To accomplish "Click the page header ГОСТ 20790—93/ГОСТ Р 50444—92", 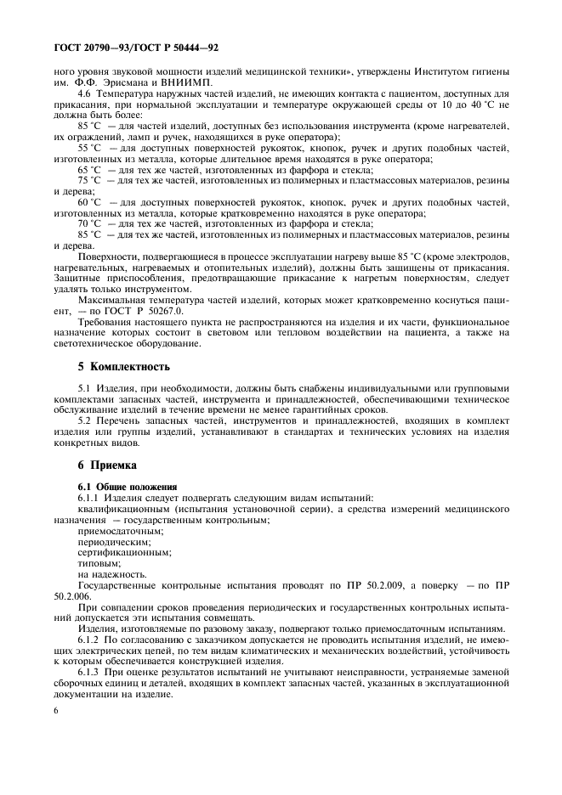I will pyautogui.click(x=135, y=49).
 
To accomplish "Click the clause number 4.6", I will pyautogui.click(x=87, y=93).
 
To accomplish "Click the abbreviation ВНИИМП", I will pyautogui.click(x=195, y=82).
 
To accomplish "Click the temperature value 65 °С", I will pyautogui.click(x=89, y=169).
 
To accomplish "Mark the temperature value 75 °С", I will pyautogui.click(x=89, y=181).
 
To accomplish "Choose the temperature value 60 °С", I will pyautogui.click(x=89, y=202).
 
